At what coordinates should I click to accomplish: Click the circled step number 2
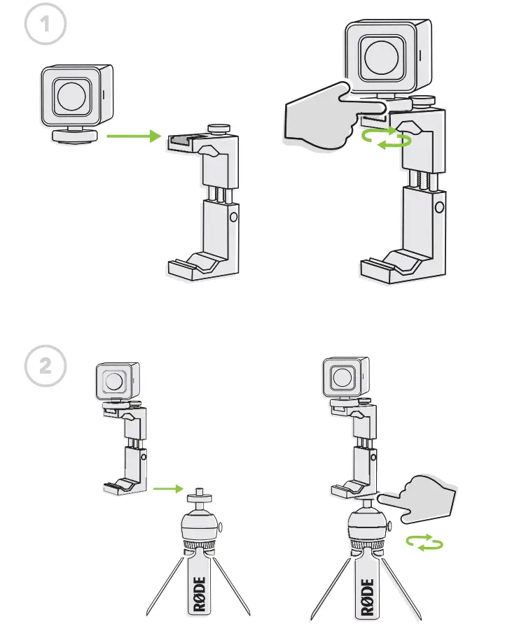click(46, 367)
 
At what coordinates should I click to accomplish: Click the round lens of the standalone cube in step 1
click(74, 98)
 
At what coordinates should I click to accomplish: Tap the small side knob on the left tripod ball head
click(222, 526)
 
